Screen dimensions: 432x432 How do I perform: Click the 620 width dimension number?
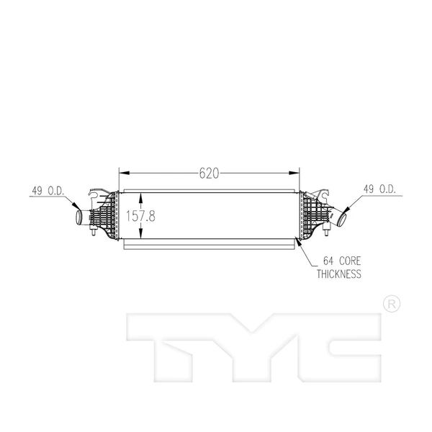[x=209, y=173]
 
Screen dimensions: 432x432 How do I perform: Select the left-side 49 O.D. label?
[x=48, y=191]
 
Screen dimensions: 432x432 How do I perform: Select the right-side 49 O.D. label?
[x=378, y=190]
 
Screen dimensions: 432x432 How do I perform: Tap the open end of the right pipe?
[x=343, y=217]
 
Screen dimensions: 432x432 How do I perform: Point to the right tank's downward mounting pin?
[x=328, y=231]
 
